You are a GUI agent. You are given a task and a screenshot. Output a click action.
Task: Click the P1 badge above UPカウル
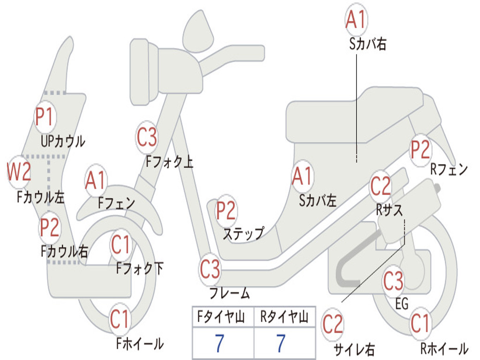click(x=45, y=118)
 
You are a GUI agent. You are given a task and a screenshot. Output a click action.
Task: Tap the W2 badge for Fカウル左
click(x=19, y=172)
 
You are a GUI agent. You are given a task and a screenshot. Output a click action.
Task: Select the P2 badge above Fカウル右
click(x=49, y=227)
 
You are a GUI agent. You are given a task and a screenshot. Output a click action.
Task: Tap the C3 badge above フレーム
click(x=210, y=270)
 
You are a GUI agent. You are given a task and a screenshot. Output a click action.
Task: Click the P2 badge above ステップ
click(x=226, y=211)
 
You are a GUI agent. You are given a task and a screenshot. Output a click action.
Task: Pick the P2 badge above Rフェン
click(x=420, y=150)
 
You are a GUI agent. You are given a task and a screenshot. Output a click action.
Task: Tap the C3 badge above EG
click(x=393, y=281)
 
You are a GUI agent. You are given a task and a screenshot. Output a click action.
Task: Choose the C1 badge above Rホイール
click(x=420, y=323)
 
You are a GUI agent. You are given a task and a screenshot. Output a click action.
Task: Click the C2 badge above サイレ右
click(x=333, y=325)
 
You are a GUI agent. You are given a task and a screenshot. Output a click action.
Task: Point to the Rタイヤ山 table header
click(x=284, y=318)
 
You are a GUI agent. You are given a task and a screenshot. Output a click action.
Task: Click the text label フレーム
click(x=229, y=294)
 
